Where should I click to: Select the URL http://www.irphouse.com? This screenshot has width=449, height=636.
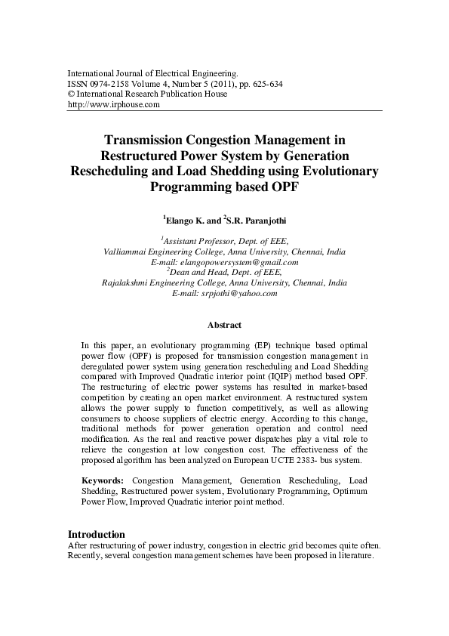coord(114,105)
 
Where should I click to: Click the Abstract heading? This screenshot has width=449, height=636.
coord(224,326)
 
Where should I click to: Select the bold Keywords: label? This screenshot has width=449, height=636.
coord(103,480)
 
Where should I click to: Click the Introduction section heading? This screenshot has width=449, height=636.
coord(97,534)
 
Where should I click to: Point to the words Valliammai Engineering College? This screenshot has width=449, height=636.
coord(163,252)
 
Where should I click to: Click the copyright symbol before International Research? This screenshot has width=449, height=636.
coord(72,94)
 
